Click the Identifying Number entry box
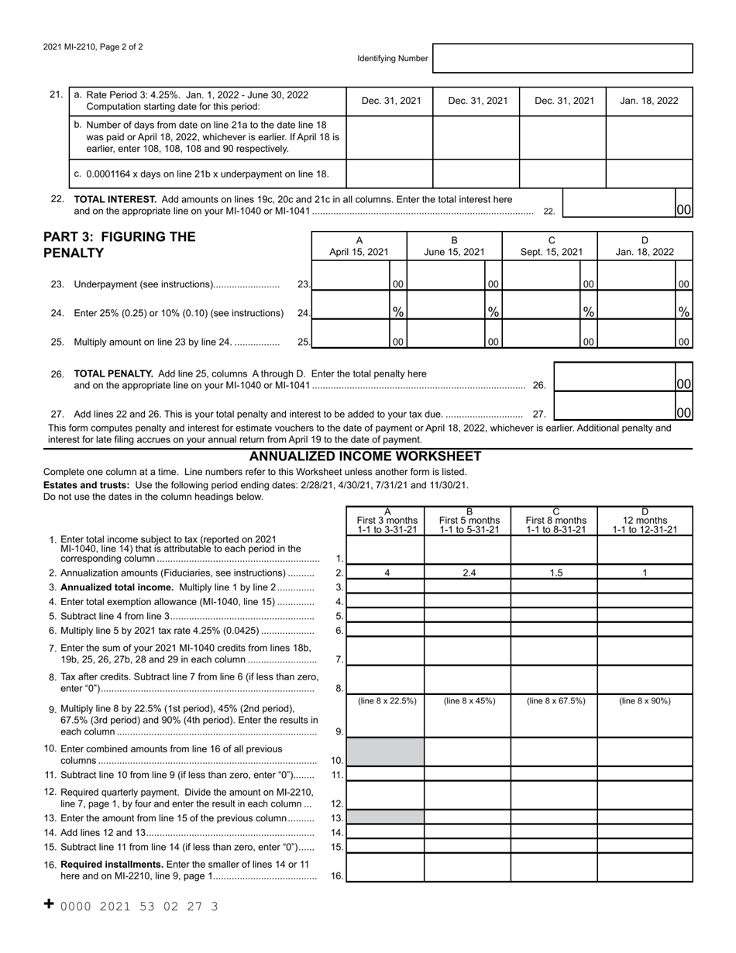(562, 58)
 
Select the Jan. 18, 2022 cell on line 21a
(648, 101)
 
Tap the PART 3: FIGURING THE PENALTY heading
(119, 245)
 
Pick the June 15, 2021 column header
(454, 246)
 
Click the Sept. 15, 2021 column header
(552, 246)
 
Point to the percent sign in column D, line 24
(683, 311)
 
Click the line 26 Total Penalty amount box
(614, 377)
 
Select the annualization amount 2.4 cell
(467, 573)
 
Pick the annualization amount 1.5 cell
(554, 573)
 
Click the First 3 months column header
(387, 521)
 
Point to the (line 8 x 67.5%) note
(555, 701)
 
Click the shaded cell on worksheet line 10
(386, 752)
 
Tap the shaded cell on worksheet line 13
(386, 817)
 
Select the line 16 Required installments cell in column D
(645, 867)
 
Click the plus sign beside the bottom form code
(49, 904)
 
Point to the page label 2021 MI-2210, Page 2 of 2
(93, 46)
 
